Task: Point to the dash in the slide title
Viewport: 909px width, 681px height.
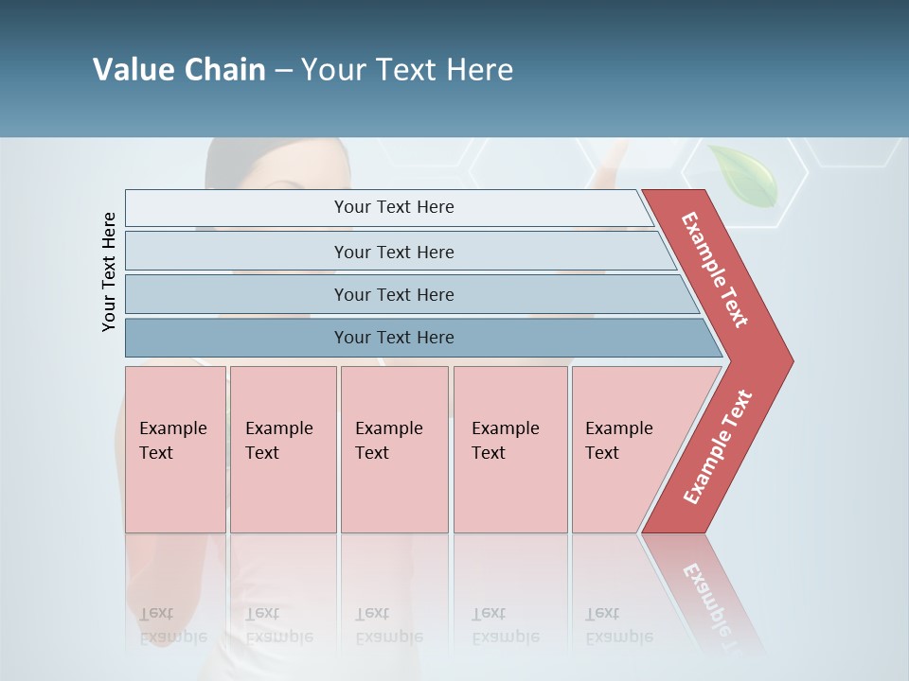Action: coord(283,71)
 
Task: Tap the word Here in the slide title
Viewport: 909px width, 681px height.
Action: coord(479,70)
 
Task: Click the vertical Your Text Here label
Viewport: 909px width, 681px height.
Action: coord(109,271)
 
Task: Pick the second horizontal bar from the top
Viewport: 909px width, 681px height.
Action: coord(393,252)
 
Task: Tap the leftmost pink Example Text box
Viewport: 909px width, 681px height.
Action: coord(175,449)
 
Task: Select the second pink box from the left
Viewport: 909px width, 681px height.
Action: coord(283,449)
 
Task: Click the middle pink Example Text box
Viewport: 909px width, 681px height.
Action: coord(394,449)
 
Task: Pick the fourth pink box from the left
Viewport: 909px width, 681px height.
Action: coord(510,449)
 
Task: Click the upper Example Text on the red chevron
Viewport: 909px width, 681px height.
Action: coord(715,270)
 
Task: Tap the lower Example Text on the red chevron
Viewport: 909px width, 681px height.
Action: coord(718,447)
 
